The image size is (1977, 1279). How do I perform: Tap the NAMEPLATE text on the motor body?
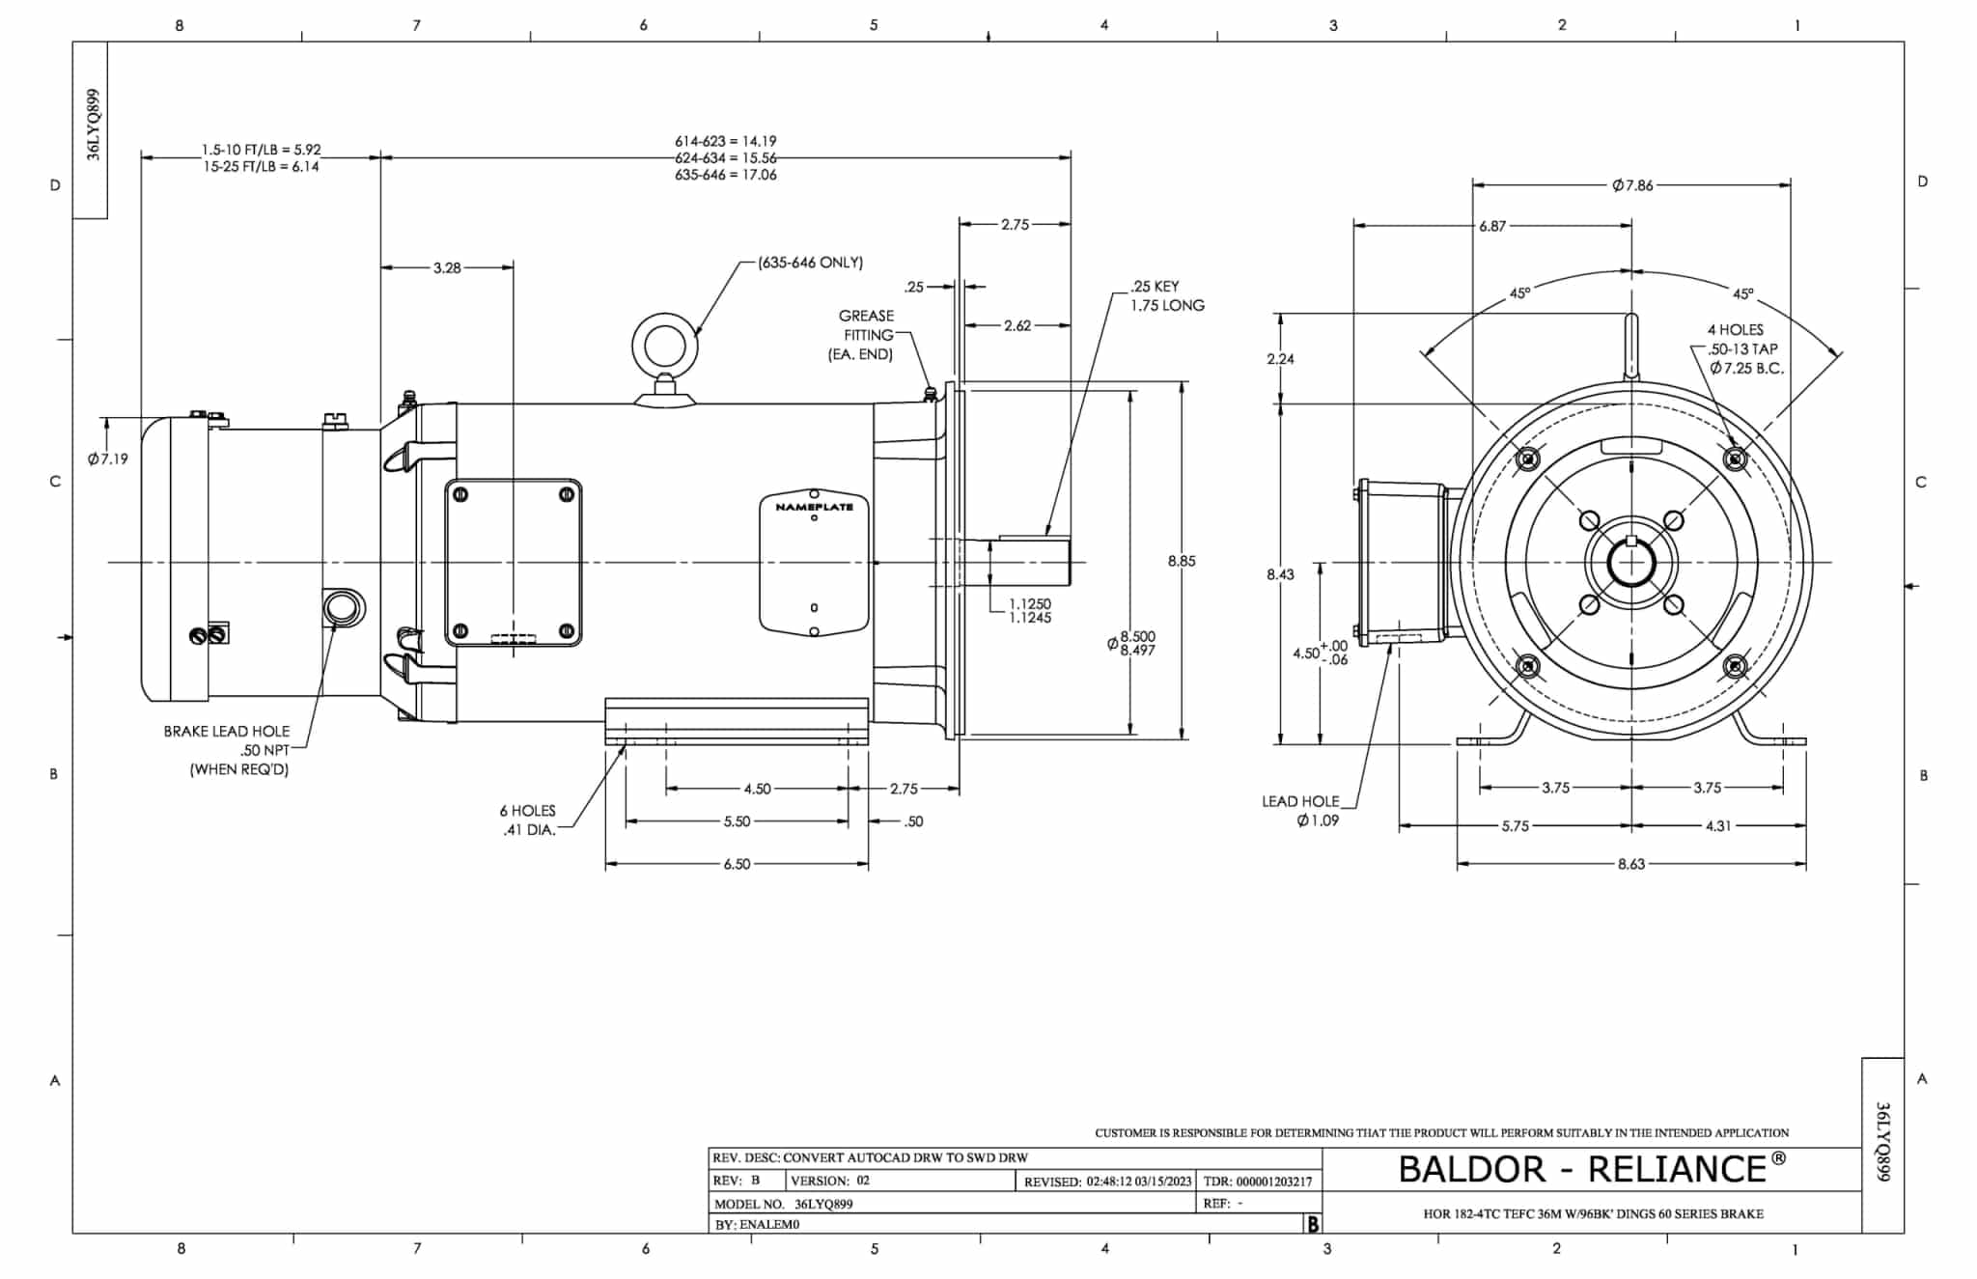coord(814,507)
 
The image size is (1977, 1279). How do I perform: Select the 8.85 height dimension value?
coord(1181,561)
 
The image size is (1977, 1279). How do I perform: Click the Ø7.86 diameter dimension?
coord(1632,185)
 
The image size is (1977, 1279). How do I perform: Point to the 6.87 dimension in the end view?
coord(1491,226)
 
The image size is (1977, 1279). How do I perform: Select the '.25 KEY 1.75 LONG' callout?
coord(1167,295)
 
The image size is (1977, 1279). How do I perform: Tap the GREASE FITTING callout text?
coord(865,335)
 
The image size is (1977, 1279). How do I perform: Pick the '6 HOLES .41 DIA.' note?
coord(528,820)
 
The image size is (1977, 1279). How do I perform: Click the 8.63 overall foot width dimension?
coord(1630,864)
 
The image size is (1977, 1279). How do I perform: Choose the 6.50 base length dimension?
coord(736,864)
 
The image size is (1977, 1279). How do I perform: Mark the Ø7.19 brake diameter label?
coord(107,459)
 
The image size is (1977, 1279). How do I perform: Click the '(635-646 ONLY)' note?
coord(810,263)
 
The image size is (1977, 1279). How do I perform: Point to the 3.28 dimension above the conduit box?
coord(446,267)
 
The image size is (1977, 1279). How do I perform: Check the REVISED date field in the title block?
coord(1108,1181)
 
